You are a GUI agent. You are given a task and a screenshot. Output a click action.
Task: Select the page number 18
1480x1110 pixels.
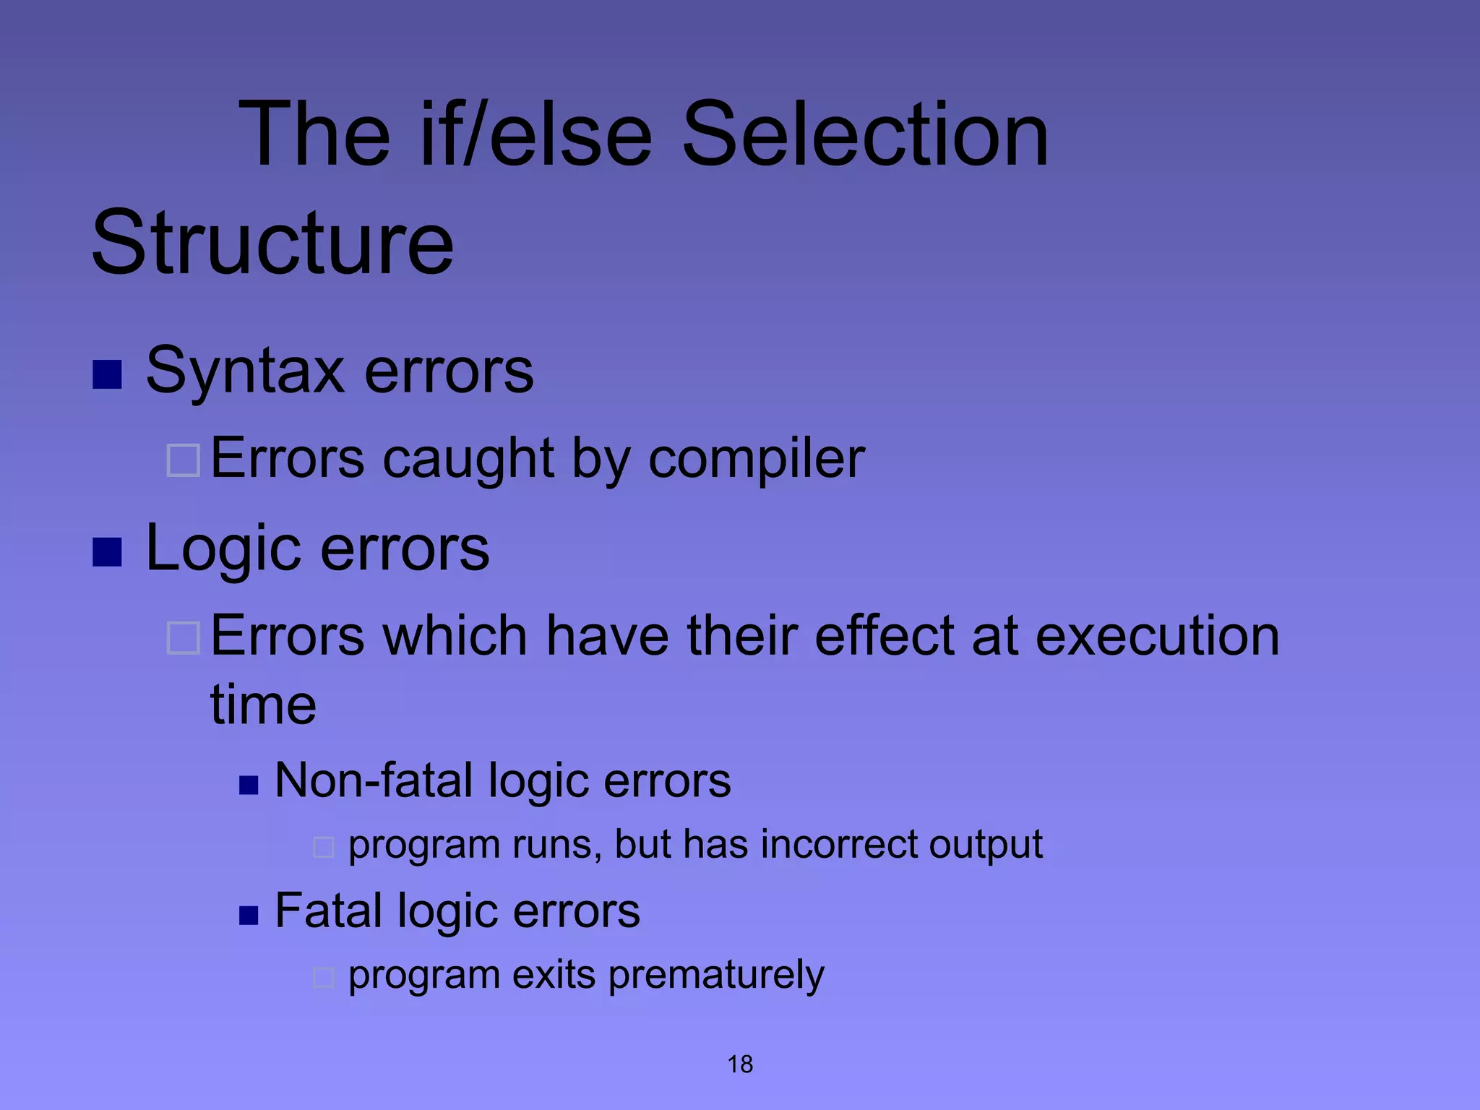[740, 1064]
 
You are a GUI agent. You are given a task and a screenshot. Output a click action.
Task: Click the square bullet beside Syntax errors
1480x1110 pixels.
[107, 374]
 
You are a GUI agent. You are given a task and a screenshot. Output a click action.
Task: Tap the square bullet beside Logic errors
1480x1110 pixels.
[107, 553]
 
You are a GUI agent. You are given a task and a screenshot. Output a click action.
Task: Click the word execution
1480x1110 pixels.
[1157, 636]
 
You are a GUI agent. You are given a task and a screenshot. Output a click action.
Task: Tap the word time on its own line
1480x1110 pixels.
[263, 705]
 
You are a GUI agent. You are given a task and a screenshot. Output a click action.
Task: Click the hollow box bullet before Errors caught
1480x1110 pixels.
[183, 460]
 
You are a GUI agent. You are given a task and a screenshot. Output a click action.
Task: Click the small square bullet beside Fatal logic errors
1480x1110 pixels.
[249, 916]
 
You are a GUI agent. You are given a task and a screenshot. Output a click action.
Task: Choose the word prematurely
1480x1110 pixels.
[715, 975]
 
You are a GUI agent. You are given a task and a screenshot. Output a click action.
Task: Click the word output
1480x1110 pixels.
[986, 845]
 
